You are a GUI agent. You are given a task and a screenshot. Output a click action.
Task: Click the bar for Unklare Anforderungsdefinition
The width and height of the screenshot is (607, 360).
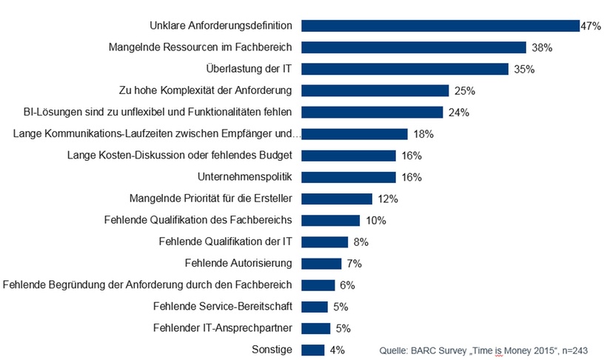[440, 26]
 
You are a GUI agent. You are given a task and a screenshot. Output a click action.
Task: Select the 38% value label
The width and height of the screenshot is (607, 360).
[541, 47]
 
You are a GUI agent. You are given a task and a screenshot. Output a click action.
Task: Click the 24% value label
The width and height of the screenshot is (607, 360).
[457, 113]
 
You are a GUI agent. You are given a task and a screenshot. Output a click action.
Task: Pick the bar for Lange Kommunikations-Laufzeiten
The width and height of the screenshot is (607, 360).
[355, 134]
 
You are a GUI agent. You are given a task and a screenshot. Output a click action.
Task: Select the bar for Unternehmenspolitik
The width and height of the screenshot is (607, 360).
[349, 177]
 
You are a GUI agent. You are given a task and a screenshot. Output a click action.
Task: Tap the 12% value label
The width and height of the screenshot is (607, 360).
[387, 199]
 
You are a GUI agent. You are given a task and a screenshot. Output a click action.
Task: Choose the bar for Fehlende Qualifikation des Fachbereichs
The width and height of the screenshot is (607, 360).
[331, 221]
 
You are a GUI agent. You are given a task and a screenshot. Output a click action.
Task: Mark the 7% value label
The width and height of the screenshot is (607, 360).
[354, 264]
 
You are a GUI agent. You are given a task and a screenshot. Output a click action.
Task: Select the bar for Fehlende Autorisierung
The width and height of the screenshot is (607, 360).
[321, 264]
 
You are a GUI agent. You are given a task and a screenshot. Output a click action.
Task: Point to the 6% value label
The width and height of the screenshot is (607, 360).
[347, 285]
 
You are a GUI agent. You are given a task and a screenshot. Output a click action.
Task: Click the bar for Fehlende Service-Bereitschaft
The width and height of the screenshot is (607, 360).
[315, 307]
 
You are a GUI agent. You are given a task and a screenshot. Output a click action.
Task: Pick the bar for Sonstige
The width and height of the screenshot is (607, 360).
[313, 350]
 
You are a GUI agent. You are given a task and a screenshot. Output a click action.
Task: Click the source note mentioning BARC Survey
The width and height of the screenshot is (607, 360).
[483, 350]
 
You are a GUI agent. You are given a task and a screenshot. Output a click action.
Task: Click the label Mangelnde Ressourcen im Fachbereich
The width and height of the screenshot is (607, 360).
[200, 47]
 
